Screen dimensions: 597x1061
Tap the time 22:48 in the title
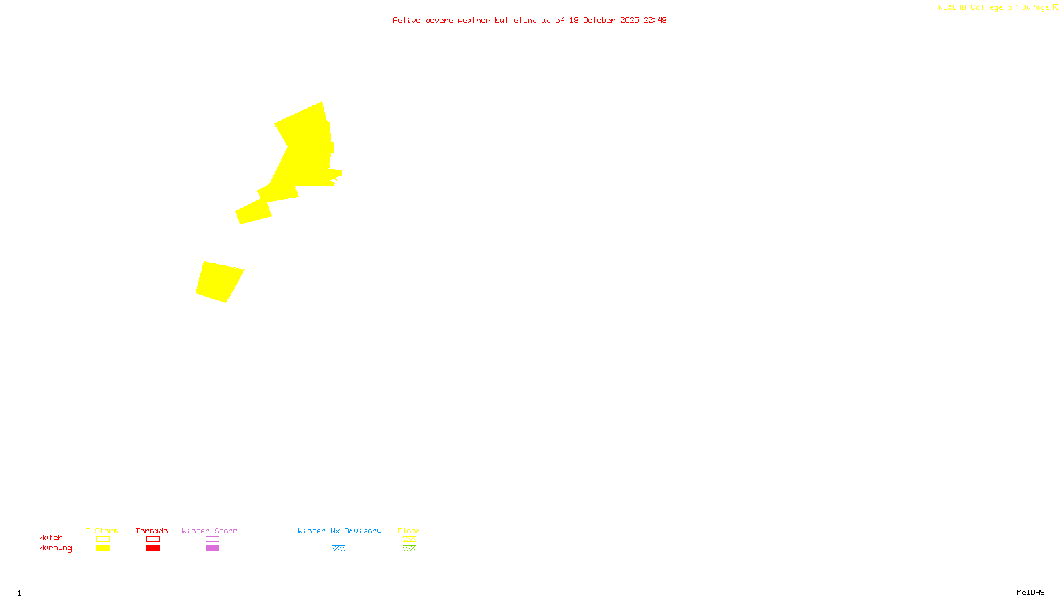click(x=655, y=20)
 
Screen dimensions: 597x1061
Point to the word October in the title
click(x=599, y=20)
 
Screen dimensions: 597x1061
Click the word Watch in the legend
click(x=51, y=537)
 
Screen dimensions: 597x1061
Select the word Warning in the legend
click(x=55, y=548)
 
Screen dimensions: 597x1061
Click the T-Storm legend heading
click(x=102, y=531)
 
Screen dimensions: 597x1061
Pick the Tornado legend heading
click(x=152, y=531)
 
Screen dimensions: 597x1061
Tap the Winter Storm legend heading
click(x=210, y=531)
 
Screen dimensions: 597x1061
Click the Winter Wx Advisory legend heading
click(x=340, y=531)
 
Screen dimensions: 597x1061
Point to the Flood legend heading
click(x=409, y=531)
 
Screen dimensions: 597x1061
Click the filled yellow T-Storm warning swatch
click(x=103, y=549)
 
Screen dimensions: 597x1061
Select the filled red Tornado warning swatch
click(x=153, y=549)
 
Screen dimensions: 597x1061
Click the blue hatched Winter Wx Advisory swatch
click(x=338, y=549)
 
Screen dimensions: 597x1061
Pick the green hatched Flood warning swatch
click(x=409, y=549)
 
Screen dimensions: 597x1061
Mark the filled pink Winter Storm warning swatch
click(x=212, y=549)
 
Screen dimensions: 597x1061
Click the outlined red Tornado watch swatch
click(x=153, y=539)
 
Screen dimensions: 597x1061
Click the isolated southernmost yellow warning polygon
click(x=219, y=281)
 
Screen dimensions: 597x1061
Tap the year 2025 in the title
click(x=630, y=20)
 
